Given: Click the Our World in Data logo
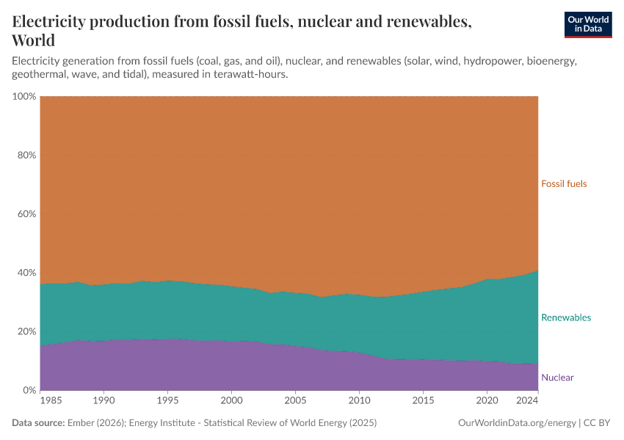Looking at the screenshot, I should [x=587, y=24].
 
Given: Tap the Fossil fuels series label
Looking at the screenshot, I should [x=564, y=184].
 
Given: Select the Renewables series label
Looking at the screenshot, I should [x=565, y=318].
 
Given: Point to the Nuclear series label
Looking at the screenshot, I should [x=557, y=378].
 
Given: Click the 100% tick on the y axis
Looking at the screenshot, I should [x=23, y=97].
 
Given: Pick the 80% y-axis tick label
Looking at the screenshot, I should [x=26, y=155].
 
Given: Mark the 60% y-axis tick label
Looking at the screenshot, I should [x=26, y=214].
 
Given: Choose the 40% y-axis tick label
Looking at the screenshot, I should [x=26, y=273].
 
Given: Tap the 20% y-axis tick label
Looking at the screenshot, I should [x=26, y=331].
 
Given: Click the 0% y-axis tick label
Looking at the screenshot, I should [x=29, y=390].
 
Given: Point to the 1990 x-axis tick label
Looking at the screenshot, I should [x=104, y=402].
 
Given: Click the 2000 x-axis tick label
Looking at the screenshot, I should [x=231, y=402].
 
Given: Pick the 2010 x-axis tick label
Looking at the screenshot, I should [x=359, y=402].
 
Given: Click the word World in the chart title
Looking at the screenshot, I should [x=34, y=40].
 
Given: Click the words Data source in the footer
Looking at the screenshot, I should [x=37, y=423].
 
